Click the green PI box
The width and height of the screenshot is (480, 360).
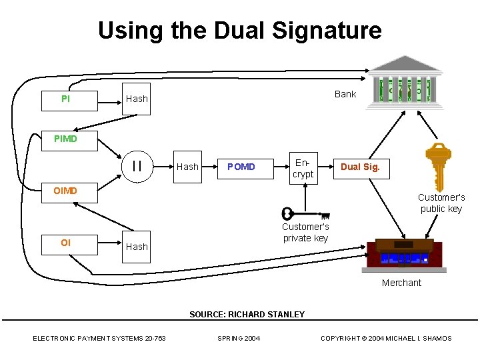[x=69, y=101]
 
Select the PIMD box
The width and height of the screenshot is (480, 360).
[x=69, y=141]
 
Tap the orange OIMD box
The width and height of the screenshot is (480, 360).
[x=69, y=193]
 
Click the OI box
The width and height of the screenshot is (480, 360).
[x=69, y=245]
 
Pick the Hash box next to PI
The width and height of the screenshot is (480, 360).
[x=136, y=99]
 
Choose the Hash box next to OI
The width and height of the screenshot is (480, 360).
[x=136, y=247]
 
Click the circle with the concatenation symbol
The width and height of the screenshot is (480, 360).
[x=137, y=167]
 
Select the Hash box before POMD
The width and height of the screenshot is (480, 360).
[x=187, y=167]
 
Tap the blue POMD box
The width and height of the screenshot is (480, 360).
[x=245, y=169]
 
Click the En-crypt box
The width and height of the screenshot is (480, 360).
[x=304, y=169]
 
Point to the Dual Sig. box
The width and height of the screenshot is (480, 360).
[x=361, y=169]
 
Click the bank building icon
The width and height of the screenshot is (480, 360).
[x=405, y=83]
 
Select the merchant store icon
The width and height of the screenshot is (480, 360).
[x=404, y=255]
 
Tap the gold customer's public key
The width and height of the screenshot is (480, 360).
[x=439, y=167]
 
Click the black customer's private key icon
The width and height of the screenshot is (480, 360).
[x=305, y=214]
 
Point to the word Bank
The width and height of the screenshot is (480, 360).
[x=345, y=94]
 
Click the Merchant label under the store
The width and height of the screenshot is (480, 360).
[x=401, y=283]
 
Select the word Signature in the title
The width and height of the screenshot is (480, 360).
[x=327, y=31]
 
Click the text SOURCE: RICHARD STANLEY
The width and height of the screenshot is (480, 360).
[x=247, y=315]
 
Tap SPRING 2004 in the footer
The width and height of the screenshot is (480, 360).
[x=239, y=338]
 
